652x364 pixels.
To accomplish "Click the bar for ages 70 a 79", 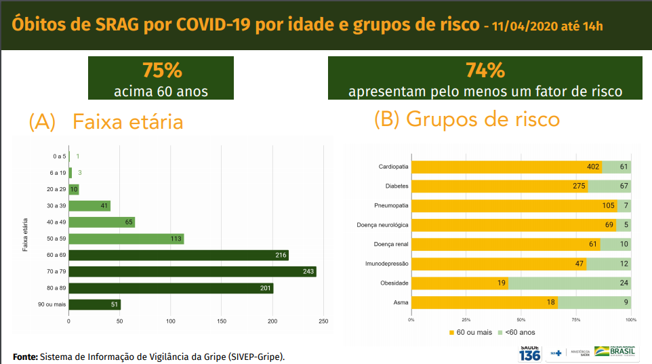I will point(192,272).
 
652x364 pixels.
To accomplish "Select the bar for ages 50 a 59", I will point(126,239).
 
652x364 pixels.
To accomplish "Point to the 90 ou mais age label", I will point(52,305).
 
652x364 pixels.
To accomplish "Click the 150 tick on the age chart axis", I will point(222,321).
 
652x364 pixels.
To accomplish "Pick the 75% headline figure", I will point(162,70).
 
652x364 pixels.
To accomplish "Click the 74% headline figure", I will point(485,70).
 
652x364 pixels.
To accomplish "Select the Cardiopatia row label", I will point(393,167).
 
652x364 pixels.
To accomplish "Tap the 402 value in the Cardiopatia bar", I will point(594,167).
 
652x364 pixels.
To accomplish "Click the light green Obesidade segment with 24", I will point(569,283).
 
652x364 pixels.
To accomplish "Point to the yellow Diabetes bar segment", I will point(500,186).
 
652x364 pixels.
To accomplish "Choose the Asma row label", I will point(401,302).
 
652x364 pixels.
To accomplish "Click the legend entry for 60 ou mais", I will point(470,332).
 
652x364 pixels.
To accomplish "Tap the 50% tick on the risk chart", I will point(521,319).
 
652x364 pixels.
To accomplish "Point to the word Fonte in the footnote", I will point(25,357).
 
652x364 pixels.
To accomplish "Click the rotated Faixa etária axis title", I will point(25,234).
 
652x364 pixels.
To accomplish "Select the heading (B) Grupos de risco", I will point(467,119).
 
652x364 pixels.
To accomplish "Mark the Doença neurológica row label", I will point(384,225).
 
